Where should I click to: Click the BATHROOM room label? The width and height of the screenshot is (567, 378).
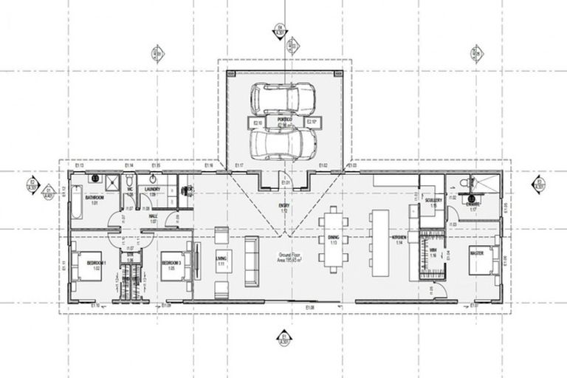point(94,198)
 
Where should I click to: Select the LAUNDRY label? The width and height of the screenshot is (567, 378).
point(153,189)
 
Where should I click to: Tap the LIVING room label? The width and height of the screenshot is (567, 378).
point(220,259)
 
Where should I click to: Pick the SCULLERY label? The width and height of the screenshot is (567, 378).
point(433,199)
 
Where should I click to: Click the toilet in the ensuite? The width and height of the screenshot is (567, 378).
point(464,182)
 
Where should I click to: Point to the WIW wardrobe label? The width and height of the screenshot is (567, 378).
point(434,251)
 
